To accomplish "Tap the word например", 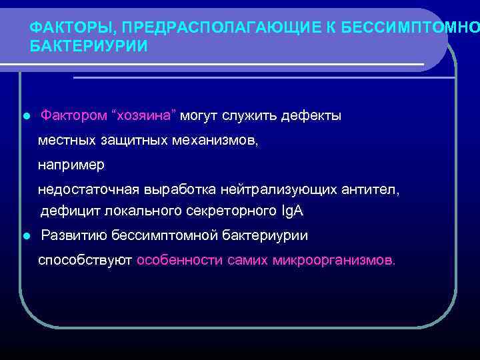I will click(71, 164).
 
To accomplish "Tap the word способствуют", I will click(85, 259).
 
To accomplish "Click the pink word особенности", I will click(179, 259).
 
